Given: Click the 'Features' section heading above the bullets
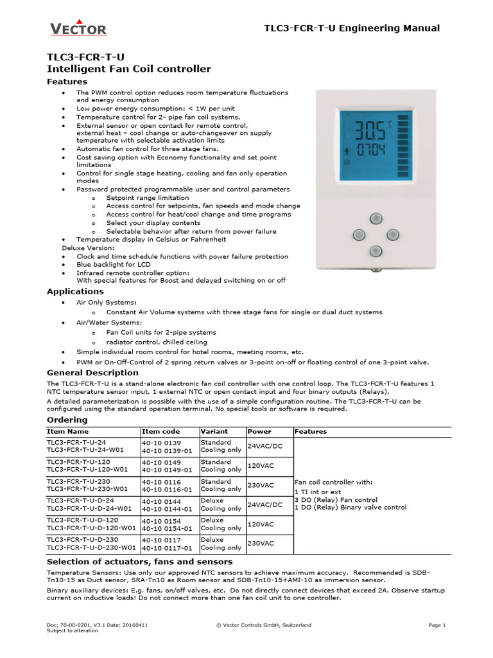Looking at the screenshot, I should (x=68, y=82).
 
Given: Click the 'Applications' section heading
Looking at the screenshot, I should (x=75, y=292).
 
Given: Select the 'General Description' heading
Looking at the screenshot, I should (x=92, y=373).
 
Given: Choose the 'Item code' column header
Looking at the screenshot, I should (x=160, y=432).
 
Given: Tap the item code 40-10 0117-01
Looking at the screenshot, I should (x=166, y=548).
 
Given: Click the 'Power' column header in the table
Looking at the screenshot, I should (x=259, y=432).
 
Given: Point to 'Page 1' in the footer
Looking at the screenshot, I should (x=437, y=625).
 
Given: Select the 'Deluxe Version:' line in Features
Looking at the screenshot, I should (x=88, y=248).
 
